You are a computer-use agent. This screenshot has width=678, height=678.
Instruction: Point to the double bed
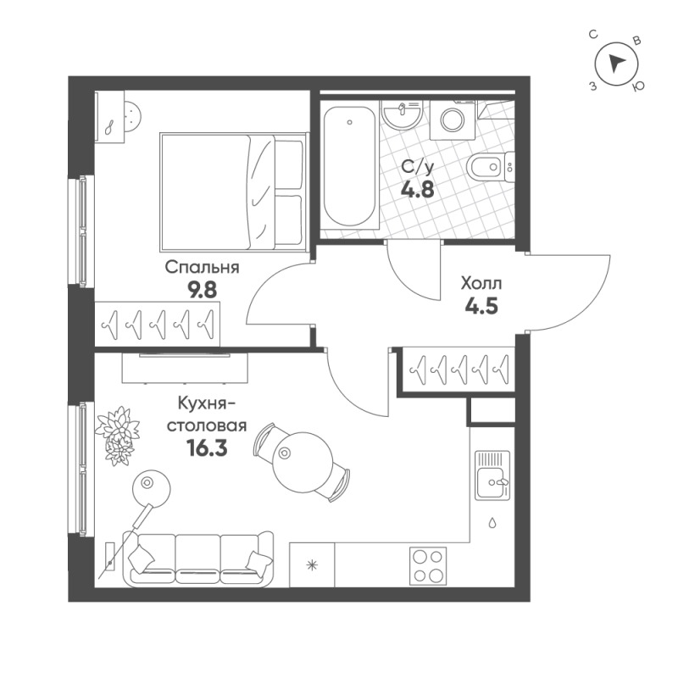pos(231,191)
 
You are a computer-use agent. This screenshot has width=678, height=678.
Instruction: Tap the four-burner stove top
pos(429,565)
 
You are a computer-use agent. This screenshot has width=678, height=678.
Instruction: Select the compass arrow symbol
pos(616,62)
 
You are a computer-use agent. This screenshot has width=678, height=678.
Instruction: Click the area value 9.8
pos(203,288)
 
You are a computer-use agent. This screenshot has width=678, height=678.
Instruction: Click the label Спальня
pos(203,268)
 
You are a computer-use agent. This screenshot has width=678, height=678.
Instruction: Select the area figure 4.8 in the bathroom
pos(419,190)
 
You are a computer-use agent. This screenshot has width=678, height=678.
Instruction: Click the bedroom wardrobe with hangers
pos(157,323)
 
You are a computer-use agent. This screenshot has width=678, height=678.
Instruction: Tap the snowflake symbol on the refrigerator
pos(312,565)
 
